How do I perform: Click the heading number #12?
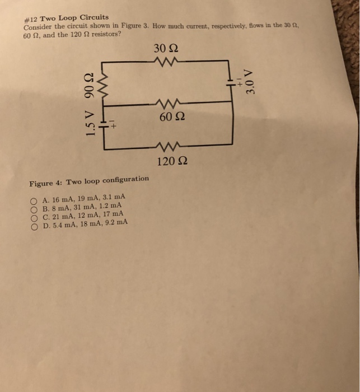(x=31, y=18)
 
